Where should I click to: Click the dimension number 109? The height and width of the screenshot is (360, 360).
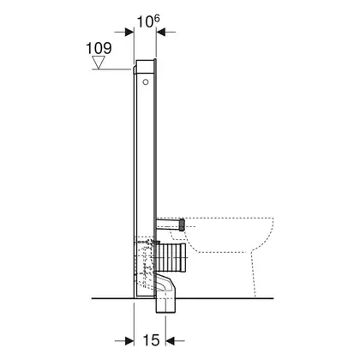click(99, 48)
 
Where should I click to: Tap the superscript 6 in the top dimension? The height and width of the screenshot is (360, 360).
click(156, 19)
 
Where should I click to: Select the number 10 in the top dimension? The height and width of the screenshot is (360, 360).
click(146, 21)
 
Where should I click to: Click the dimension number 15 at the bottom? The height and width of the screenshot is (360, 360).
click(151, 340)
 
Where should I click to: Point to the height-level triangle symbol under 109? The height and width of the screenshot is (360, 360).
click(99, 63)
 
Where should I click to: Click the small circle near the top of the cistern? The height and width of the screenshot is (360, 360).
click(146, 82)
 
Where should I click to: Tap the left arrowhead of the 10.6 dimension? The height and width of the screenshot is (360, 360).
click(129, 32)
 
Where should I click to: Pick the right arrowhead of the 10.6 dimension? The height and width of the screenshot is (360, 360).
click(161, 32)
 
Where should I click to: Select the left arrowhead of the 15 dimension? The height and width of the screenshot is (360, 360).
click(129, 340)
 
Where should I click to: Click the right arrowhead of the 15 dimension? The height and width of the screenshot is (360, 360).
click(170, 340)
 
